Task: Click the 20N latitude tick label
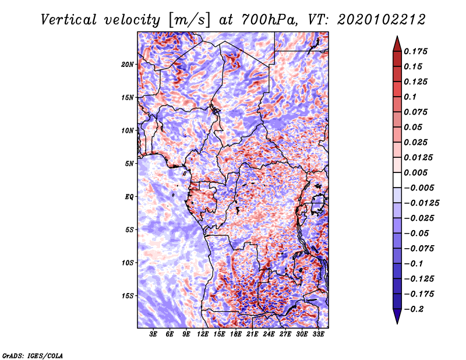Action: click(x=128, y=65)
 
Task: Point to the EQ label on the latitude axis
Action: click(x=129, y=197)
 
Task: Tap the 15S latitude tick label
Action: click(x=128, y=296)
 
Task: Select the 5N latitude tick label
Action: click(x=129, y=164)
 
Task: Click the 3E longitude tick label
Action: click(x=153, y=334)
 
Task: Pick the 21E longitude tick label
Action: click(x=252, y=334)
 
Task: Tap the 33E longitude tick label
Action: click(x=318, y=334)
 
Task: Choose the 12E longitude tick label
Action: click(x=203, y=334)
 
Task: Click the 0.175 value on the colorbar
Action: click(x=415, y=51)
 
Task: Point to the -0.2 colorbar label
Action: click(x=414, y=309)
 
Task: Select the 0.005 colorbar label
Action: click(x=415, y=172)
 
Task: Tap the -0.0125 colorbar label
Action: click(x=421, y=203)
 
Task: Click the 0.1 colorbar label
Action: click(x=410, y=97)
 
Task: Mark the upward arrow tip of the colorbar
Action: click(x=397, y=36)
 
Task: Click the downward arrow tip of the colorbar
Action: click(x=397, y=323)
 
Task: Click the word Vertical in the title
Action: click(x=69, y=20)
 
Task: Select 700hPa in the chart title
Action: click(x=270, y=20)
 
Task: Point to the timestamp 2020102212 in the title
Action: click(x=381, y=20)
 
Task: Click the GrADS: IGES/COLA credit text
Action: click(x=33, y=355)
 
